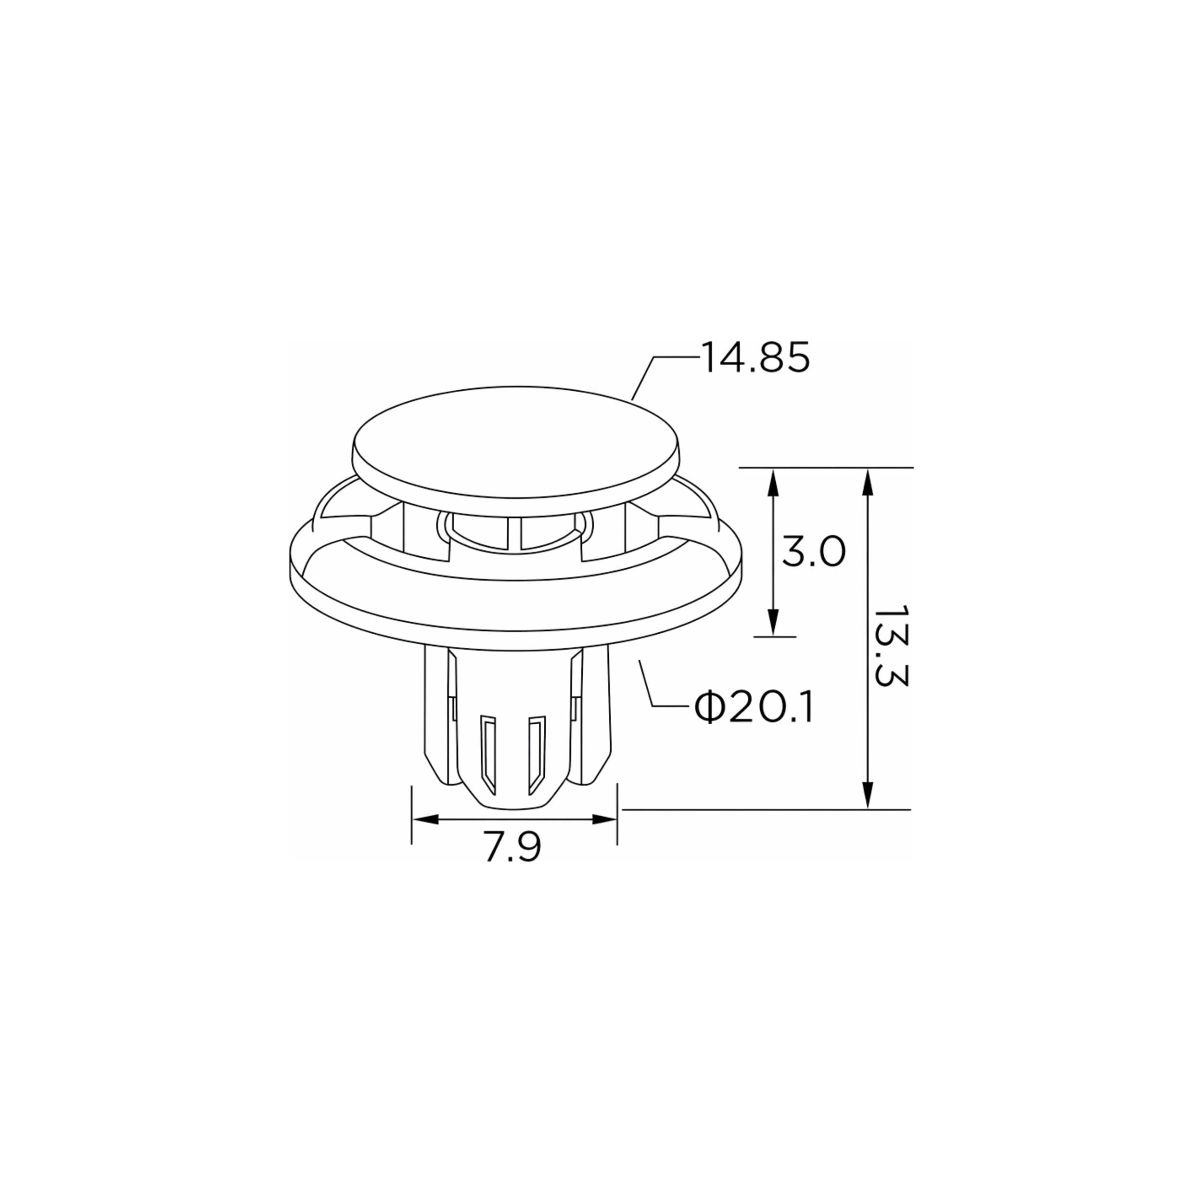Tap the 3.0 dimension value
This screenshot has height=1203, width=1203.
coord(813,551)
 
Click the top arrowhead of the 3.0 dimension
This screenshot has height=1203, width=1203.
coord(773,483)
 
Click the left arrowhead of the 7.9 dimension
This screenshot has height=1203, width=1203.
coord(426,819)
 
